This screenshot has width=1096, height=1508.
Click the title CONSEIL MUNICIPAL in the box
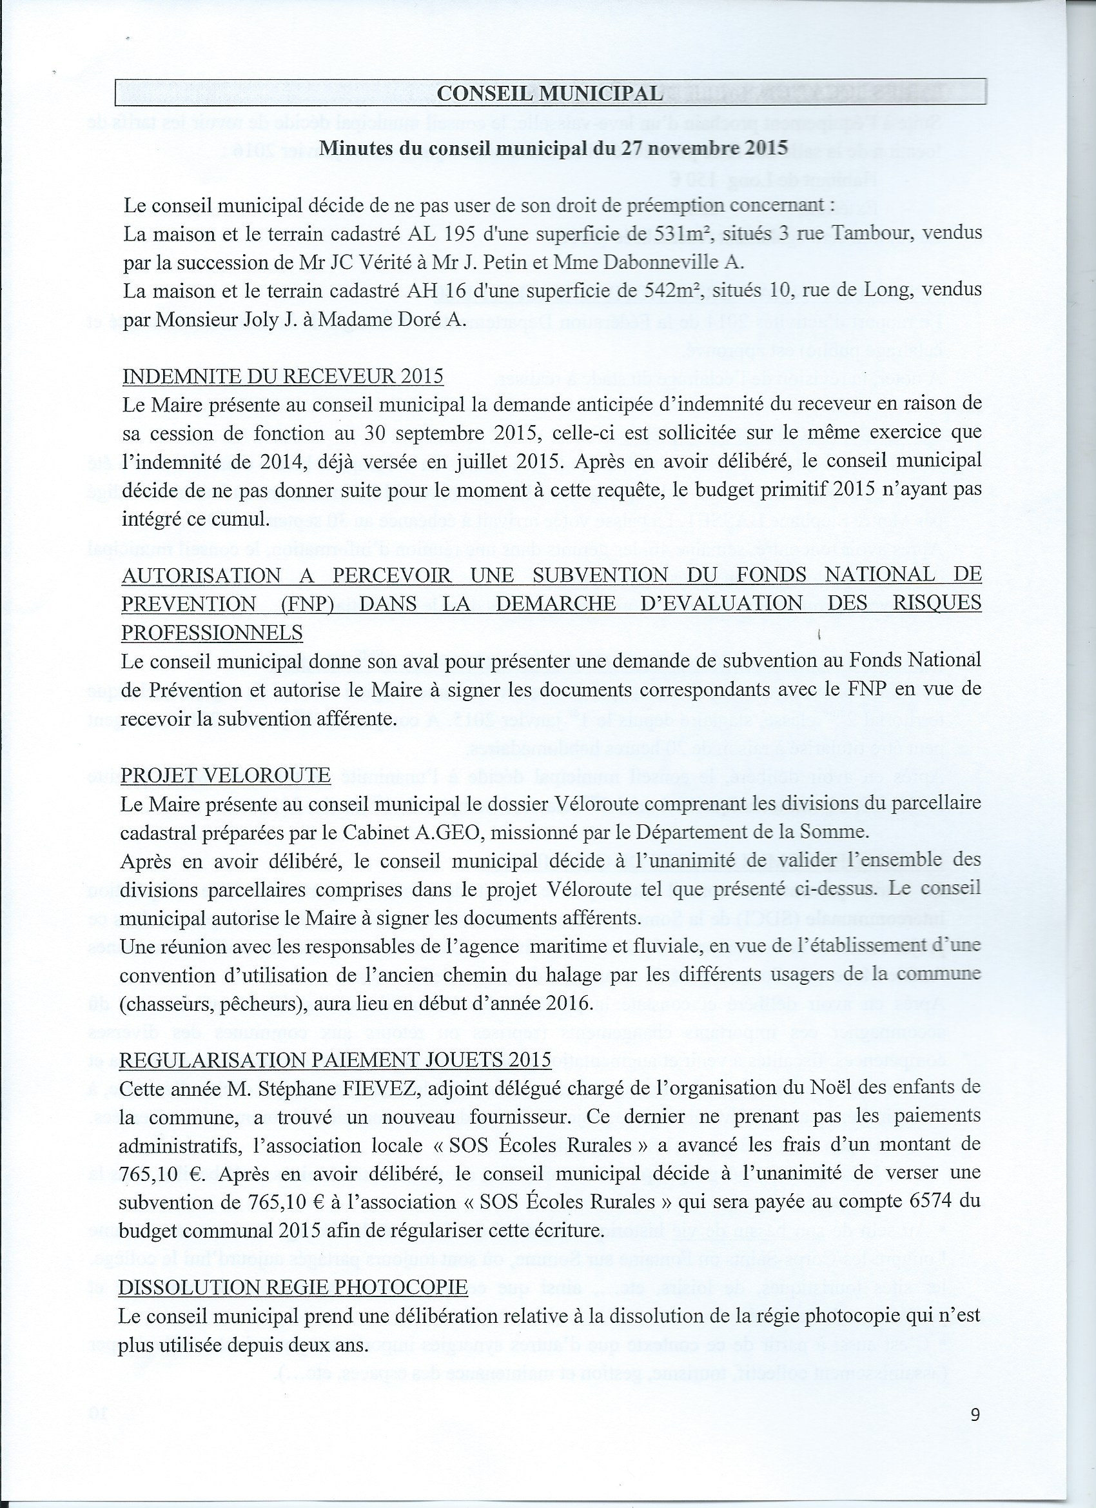[550, 94]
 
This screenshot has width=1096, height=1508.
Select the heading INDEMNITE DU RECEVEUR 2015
[283, 376]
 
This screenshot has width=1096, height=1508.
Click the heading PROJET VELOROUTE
[226, 775]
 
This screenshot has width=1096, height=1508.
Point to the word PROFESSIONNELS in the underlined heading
[211, 633]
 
